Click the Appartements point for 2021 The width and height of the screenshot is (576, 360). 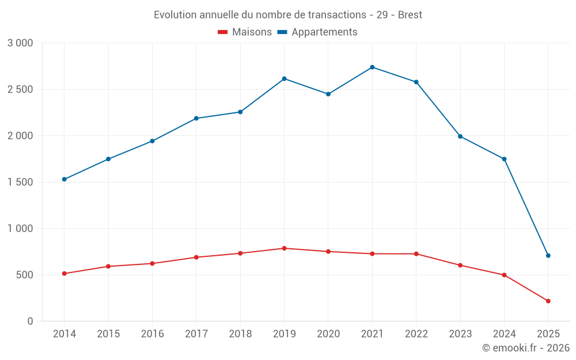pos(372,67)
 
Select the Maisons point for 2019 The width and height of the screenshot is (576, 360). pos(284,248)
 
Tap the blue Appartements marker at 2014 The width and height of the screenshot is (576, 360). pos(64,179)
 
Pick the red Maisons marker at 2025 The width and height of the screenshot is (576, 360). pos(548,301)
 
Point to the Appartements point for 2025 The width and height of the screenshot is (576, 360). pos(548,256)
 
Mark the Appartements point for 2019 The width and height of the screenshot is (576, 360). pos(284,78)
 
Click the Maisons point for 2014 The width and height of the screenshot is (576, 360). pos(64,274)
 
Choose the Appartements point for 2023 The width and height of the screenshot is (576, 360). pos(460,137)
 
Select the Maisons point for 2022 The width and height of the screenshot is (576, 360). pos(416,254)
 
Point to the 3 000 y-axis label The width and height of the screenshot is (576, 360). pos(20,43)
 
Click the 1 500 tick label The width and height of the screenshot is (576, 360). pos(20,183)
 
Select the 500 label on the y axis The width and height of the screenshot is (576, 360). pos(25,275)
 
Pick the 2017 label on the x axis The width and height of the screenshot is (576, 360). pos(196,334)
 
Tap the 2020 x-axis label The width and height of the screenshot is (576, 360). pos(328,334)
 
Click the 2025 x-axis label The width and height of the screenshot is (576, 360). pos(548,334)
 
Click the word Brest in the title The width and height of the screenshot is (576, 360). pos(410,15)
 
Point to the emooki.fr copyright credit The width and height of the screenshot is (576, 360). pos(526,348)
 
